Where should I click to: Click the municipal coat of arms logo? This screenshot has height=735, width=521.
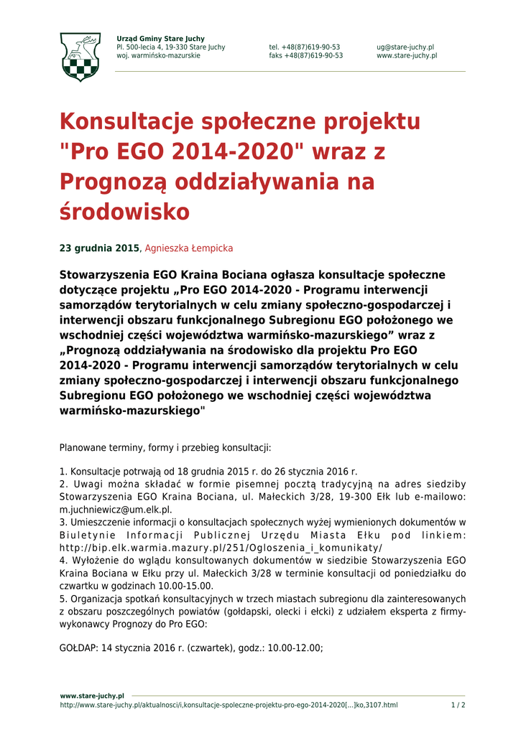[80, 57]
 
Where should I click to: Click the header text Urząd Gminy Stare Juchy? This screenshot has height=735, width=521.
[160, 38]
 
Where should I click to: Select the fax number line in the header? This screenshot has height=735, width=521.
[306, 55]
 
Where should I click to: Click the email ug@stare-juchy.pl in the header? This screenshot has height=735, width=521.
[405, 47]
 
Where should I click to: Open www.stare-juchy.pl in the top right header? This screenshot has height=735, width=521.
[407, 55]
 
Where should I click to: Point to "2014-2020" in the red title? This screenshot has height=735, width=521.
[229, 152]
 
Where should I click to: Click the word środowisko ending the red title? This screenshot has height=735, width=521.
[124, 212]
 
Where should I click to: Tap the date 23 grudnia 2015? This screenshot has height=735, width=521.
[98, 248]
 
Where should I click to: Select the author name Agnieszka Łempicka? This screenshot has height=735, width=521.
[189, 248]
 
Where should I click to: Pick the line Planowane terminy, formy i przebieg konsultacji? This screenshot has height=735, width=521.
[165, 448]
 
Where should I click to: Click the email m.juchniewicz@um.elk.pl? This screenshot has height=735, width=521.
[116, 510]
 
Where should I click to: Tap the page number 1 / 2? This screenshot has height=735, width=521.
[458, 705]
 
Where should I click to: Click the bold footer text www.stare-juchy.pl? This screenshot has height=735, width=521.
[92, 696]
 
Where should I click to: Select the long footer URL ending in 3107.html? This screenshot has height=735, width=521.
[229, 705]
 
